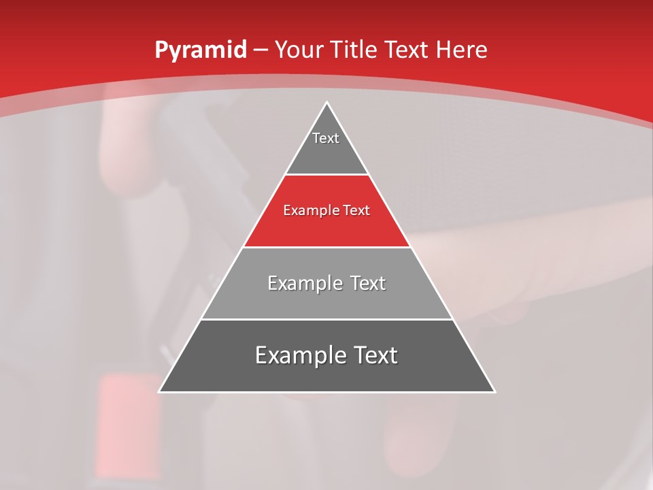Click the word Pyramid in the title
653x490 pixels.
200,50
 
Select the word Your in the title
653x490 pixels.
298,50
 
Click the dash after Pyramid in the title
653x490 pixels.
261,51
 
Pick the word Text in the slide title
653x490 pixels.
406,50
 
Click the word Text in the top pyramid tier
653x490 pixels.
326,138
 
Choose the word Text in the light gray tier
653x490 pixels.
369,283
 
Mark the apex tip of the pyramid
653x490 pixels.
326,103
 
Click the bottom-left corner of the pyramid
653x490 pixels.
160,391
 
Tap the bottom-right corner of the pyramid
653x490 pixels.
494,391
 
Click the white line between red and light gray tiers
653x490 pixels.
326,247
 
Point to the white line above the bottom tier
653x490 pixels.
326,319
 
